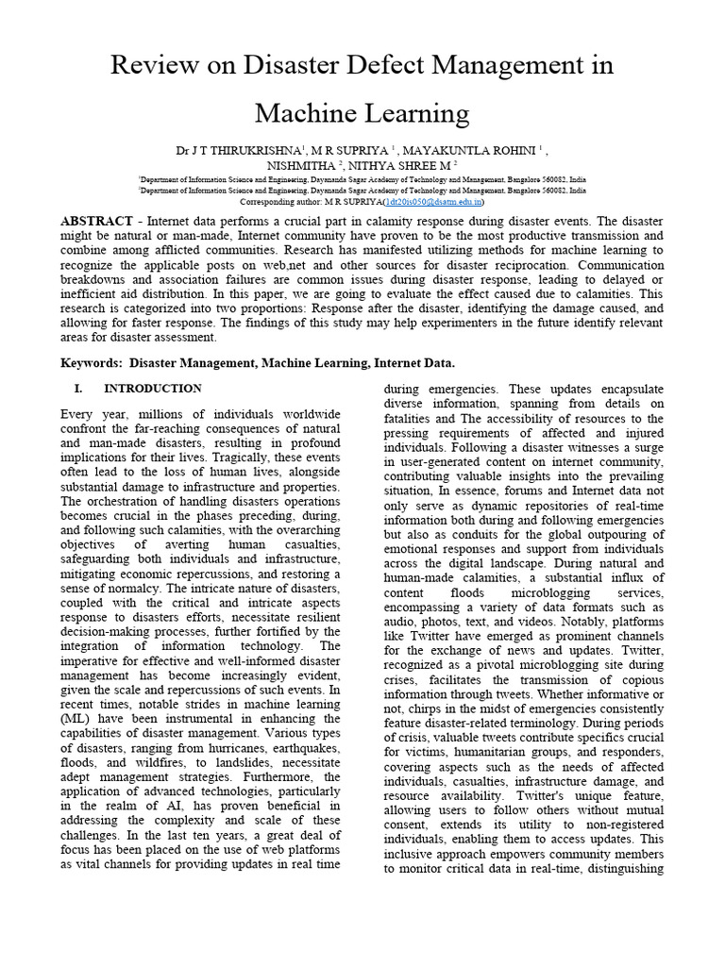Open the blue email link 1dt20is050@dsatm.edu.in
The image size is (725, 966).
coord(434,201)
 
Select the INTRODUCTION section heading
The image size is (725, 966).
coord(152,389)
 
